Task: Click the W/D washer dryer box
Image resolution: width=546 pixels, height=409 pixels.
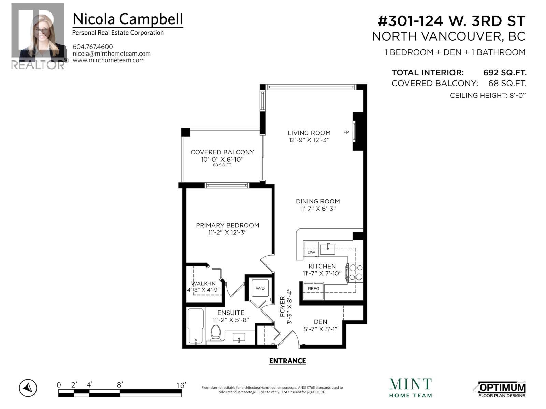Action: point(260,288)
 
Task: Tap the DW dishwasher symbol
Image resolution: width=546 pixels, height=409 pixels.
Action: point(311,252)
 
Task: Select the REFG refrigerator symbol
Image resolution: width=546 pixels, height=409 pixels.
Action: point(313,289)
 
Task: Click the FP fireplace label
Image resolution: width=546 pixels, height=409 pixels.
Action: point(346,132)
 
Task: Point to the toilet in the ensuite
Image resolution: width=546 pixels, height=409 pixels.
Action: point(216,333)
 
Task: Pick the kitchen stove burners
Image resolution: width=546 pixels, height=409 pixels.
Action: point(356,272)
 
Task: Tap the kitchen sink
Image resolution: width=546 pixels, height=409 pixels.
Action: point(328,249)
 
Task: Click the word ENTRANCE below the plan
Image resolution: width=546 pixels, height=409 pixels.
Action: point(287,361)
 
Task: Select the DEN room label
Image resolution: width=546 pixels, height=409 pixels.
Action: point(320,322)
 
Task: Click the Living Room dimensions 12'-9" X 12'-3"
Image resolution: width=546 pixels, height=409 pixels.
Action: point(309,140)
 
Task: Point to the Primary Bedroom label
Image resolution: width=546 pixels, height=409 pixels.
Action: point(227,225)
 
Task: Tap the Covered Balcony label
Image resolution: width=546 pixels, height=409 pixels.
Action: point(222,152)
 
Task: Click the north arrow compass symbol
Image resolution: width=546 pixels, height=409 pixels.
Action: point(28,388)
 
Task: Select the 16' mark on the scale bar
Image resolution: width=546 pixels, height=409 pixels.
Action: point(181,385)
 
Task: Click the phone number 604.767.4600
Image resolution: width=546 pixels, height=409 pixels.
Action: point(93,47)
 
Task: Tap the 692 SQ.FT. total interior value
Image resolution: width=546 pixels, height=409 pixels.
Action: point(505,73)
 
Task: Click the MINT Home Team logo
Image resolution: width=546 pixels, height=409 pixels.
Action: point(411,388)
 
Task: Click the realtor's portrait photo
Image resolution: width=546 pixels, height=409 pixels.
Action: point(38,34)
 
